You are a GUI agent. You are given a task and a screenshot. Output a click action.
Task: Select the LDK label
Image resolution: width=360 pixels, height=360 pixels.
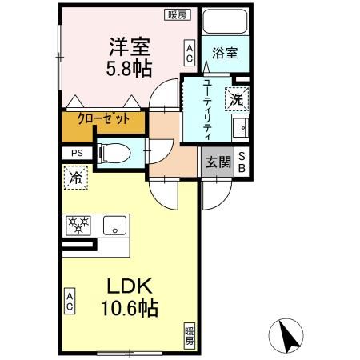coord(127,286)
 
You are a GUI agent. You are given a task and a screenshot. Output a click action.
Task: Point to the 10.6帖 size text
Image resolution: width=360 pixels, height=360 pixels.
coord(130,307)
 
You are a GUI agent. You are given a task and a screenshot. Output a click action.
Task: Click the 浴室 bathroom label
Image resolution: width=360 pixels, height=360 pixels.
coord(225,54)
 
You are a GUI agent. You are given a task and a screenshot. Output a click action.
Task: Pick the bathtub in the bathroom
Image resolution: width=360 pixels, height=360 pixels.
coord(225,22)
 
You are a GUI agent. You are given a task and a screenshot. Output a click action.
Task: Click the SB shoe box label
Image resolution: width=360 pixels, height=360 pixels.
coord(242,162)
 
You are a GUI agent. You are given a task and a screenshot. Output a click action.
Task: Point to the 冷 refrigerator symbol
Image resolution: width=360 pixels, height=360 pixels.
coord(74,178)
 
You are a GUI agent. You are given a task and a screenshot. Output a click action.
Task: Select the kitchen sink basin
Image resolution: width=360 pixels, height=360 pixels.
coord(117,225)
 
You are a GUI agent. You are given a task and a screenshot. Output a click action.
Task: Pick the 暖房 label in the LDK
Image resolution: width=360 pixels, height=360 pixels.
coord(190,335)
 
